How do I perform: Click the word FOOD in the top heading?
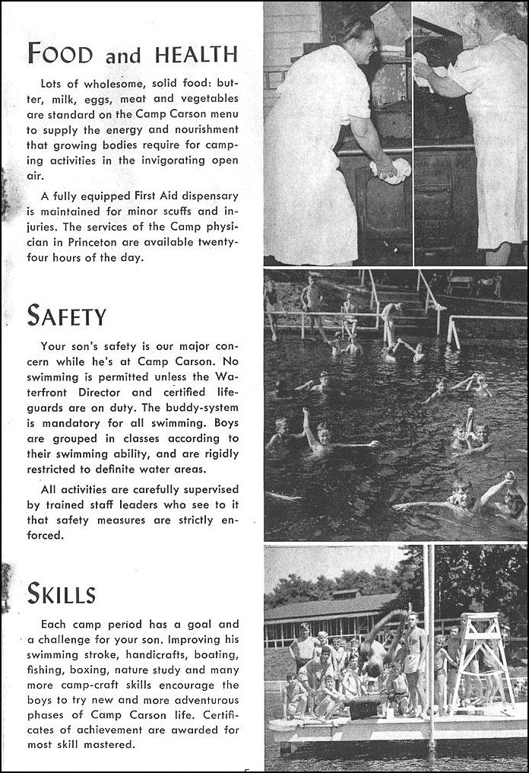coord(60,53)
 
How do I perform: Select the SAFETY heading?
coord(66,314)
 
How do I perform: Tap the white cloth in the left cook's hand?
coord(390,170)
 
